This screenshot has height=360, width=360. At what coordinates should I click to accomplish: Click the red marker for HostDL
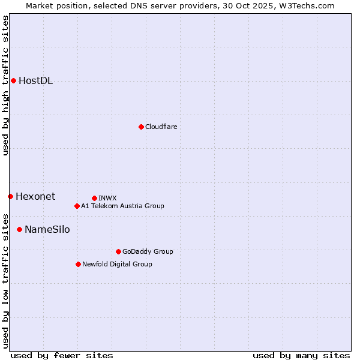[13, 80]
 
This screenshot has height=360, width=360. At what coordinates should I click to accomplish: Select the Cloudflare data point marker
[141, 127]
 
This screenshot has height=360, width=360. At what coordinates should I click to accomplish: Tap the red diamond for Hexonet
[10, 196]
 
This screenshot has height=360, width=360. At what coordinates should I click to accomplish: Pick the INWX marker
[94, 198]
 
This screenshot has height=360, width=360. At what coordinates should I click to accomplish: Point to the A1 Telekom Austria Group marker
[77, 206]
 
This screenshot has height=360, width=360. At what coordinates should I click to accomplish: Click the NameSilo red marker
[19, 229]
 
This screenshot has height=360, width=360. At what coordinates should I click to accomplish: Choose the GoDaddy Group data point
[118, 251]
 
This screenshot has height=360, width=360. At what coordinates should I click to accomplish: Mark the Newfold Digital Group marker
[78, 264]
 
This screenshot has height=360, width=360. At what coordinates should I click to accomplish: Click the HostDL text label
[35, 81]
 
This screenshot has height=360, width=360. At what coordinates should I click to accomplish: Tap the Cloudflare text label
[161, 127]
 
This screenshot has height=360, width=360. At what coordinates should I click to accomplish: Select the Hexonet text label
[35, 196]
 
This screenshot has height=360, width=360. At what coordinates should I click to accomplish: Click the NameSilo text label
[47, 229]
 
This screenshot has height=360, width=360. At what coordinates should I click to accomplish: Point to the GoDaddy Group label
[148, 251]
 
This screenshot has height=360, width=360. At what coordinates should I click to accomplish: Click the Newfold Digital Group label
[117, 264]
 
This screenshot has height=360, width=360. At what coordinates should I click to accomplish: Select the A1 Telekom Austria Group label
[122, 206]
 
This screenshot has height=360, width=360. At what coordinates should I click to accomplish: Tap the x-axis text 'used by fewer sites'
[62, 355]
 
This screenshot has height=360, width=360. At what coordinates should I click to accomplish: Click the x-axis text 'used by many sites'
[301, 355]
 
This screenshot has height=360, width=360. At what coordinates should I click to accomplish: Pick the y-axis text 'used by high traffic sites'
[5, 85]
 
